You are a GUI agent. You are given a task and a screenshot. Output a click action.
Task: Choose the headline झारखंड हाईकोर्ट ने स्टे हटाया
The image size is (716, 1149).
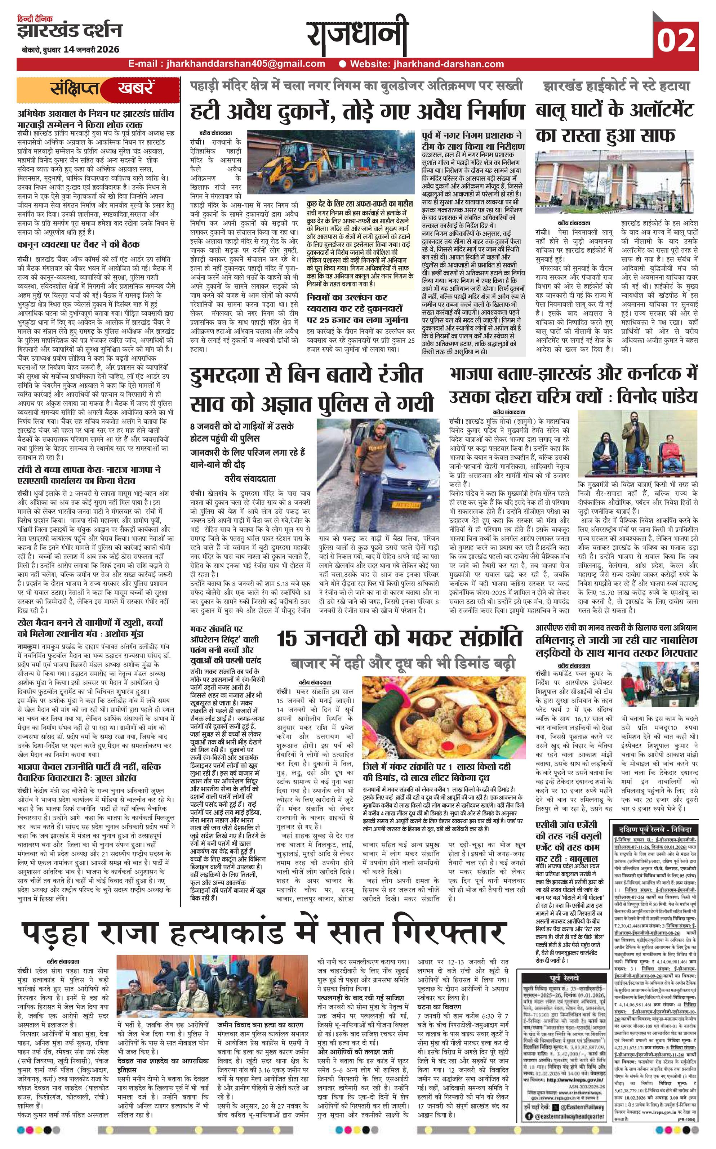coord(617,86)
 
